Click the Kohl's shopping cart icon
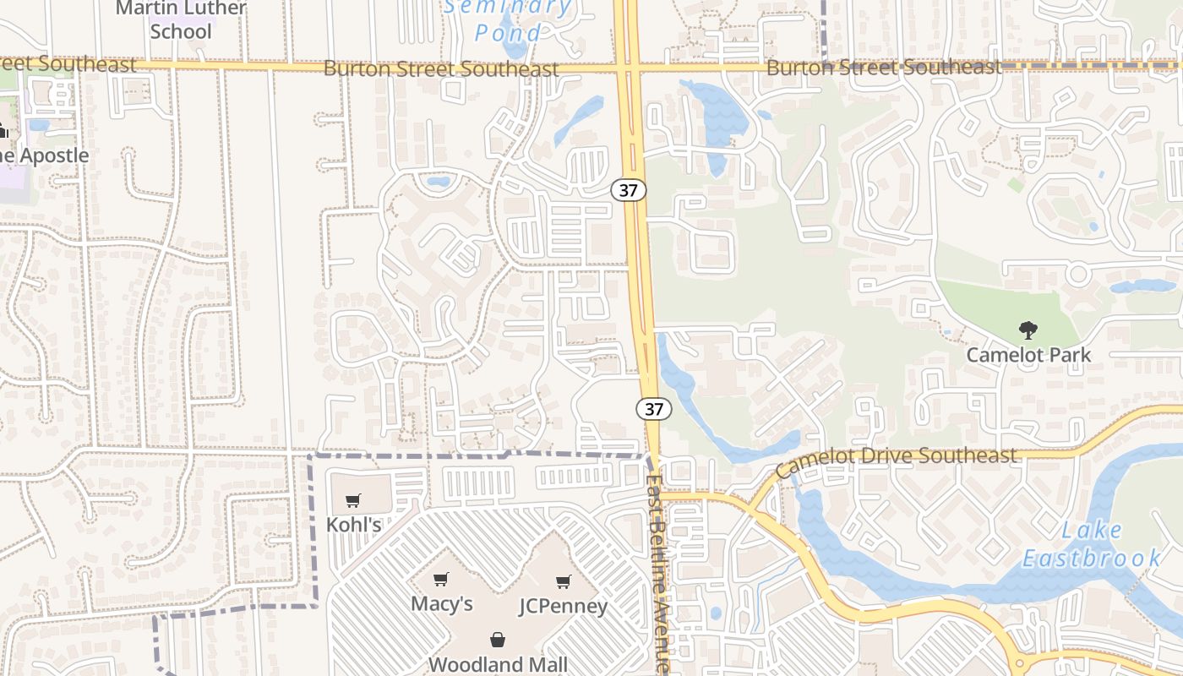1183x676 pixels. tap(353, 500)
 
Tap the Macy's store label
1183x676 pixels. tap(442, 604)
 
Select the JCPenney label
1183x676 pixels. tap(564, 607)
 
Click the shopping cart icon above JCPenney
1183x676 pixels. tap(564, 581)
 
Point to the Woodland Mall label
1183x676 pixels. tap(498, 664)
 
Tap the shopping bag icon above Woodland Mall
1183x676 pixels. tap(498, 640)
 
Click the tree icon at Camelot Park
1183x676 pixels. tap(1028, 330)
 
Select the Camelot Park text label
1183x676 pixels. tap(1028, 355)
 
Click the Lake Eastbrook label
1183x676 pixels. tap(1092, 544)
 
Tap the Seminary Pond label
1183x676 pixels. tap(509, 20)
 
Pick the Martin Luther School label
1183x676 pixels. tap(181, 20)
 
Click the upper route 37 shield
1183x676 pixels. tap(629, 190)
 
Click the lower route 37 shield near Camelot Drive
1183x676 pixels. tap(654, 409)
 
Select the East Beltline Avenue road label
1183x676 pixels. tap(658, 575)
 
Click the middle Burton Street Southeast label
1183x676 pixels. tap(440, 69)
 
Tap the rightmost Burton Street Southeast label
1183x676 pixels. tap(883, 68)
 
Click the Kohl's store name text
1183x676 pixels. tap(354, 525)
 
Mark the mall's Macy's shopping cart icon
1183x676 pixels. tap(440, 580)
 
